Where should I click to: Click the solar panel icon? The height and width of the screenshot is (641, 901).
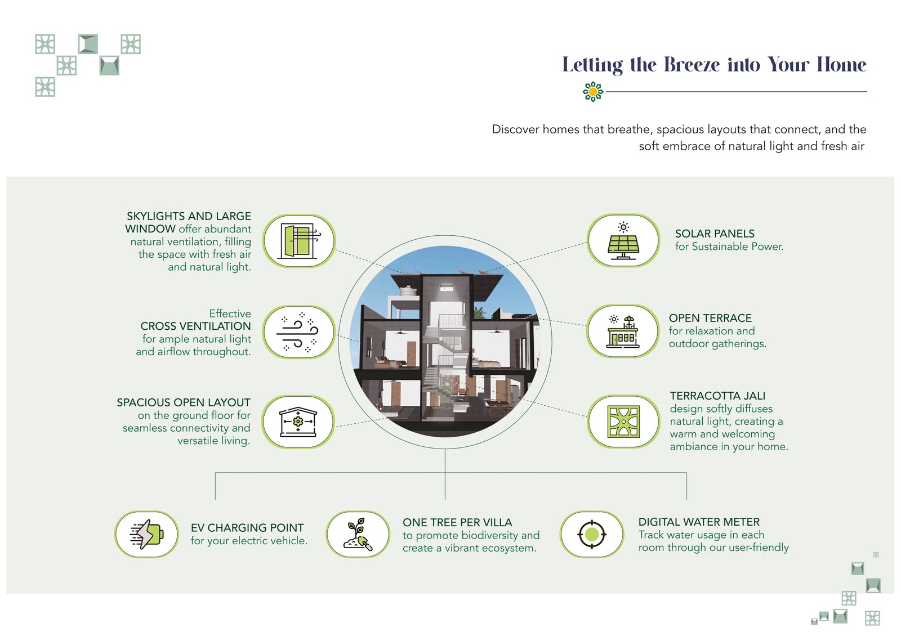[x=623, y=240]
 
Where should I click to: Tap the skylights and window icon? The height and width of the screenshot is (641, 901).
[x=300, y=241]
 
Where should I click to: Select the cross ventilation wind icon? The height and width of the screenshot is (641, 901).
[x=298, y=332]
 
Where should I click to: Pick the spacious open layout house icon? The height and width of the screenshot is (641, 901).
[x=298, y=422]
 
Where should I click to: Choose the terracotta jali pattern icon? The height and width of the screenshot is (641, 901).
[x=623, y=422]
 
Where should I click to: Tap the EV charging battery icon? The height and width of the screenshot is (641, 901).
[x=146, y=534]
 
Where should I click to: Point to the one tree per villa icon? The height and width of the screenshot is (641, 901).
[x=358, y=534]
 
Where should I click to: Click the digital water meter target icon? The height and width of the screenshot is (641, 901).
[x=591, y=534]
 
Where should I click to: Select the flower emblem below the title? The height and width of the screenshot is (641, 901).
[x=593, y=91]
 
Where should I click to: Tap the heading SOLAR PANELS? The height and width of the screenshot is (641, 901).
[x=715, y=234]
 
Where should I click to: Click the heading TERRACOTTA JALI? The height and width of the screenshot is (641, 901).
[x=717, y=396]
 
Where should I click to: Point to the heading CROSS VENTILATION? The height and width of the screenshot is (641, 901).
[x=195, y=326]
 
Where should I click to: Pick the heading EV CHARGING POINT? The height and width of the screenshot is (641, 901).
[x=247, y=528]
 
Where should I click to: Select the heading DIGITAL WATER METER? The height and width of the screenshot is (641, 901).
[x=699, y=522]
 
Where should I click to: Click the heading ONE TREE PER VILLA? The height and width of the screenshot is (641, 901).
[x=457, y=522]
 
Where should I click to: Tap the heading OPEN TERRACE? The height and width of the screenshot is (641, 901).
[x=710, y=318]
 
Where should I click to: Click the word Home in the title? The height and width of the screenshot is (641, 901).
[x=841, y=65]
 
